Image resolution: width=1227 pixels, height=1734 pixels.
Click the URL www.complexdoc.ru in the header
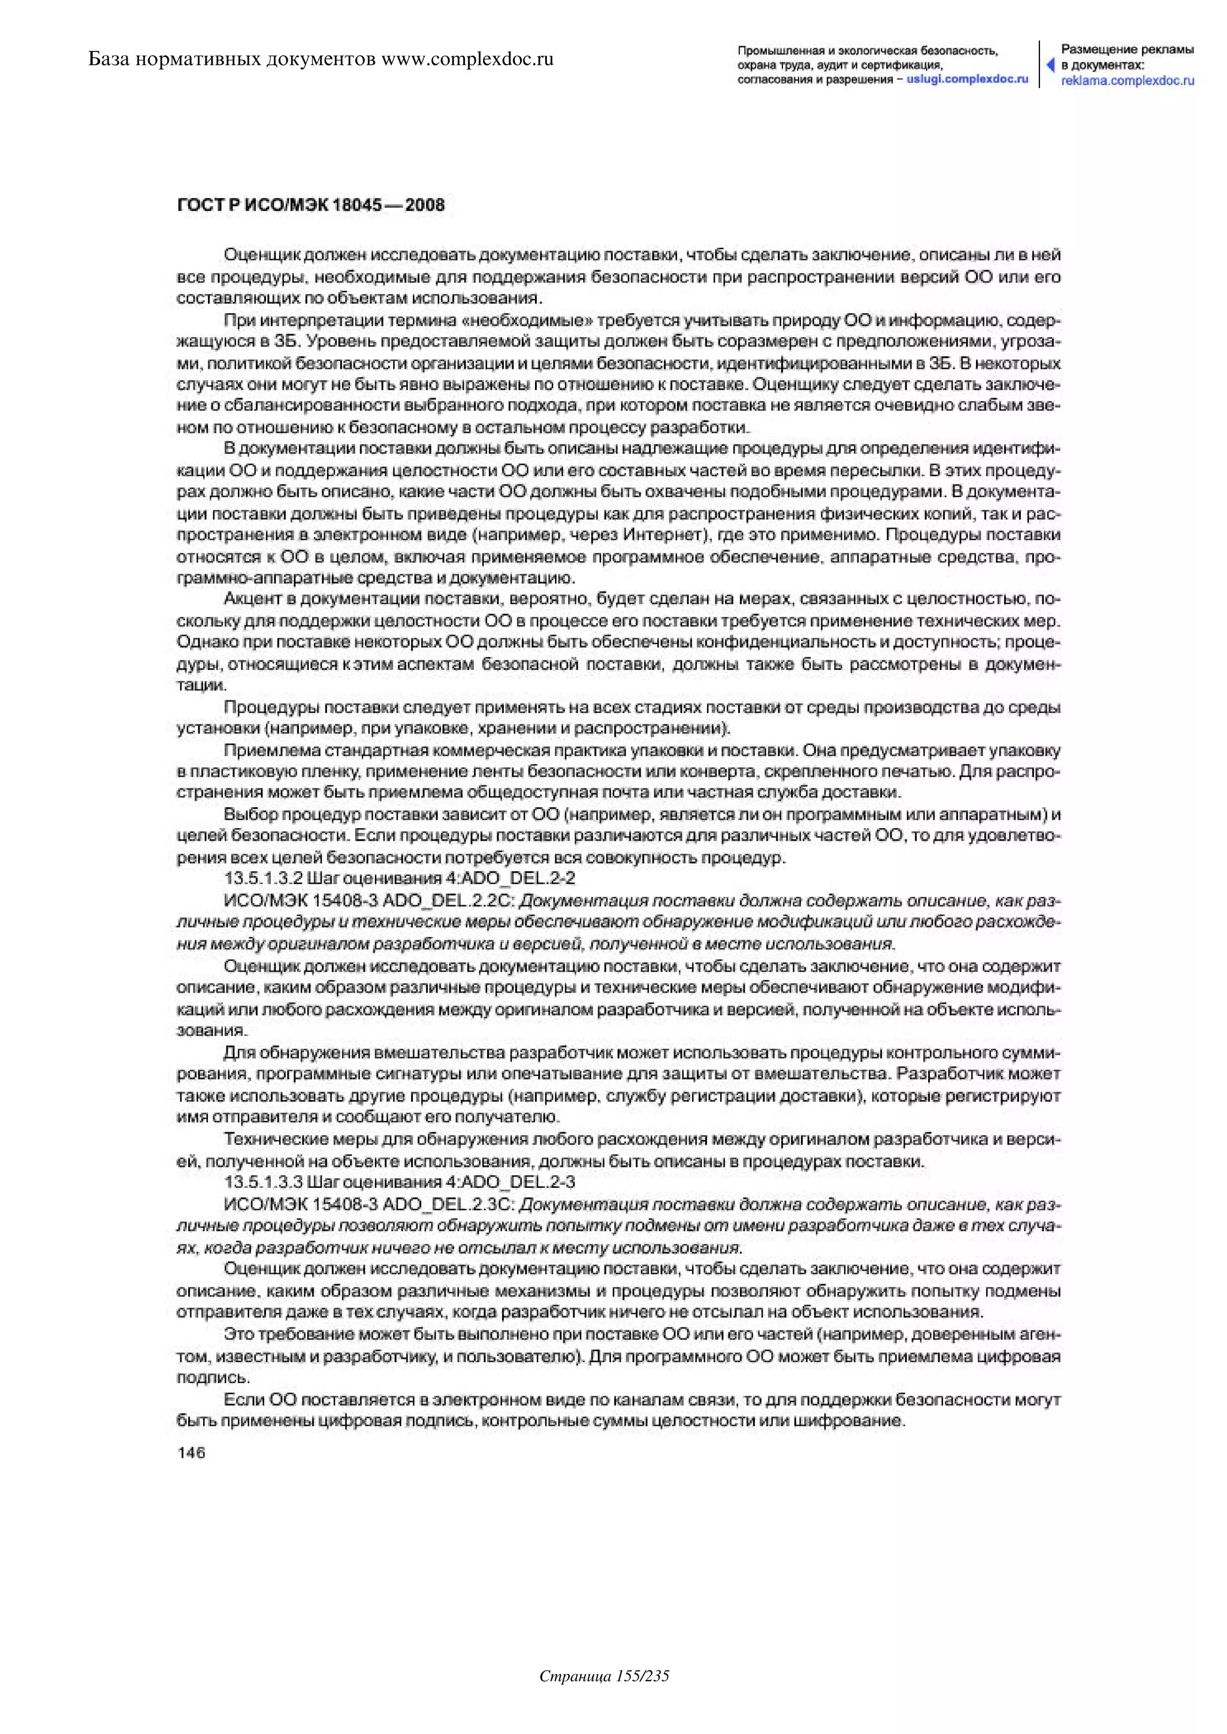pos(468,59)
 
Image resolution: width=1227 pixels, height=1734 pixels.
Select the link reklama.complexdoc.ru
pos(1128,81)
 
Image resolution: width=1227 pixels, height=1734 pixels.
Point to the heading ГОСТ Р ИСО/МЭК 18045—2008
pos(310,205)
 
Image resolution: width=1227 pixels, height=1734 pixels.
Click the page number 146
pos(191,1453)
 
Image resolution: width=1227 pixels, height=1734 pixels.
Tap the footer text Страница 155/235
pos(605,1697)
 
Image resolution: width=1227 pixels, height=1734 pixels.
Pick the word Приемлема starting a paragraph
pos(262,751)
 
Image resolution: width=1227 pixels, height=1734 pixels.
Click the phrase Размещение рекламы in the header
pos(1128,50)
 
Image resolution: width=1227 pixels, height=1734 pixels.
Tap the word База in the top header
pos(110,59)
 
